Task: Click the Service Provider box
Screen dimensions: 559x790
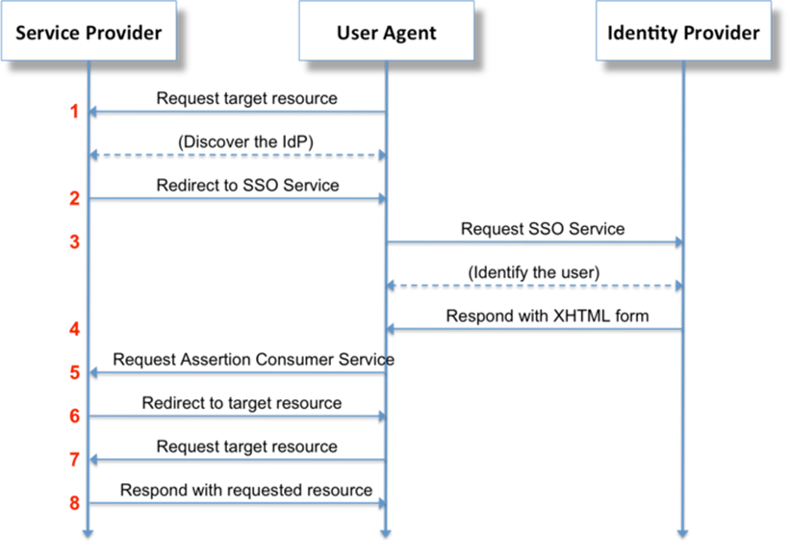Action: pos(89,33)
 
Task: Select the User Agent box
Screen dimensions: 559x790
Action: pos(386,33)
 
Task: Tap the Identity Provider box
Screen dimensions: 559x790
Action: pos(683,33)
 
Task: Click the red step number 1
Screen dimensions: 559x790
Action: pos(74,112)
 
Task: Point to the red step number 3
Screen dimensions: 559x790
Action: pos(74,241)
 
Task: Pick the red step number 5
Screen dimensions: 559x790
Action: pos(74,372)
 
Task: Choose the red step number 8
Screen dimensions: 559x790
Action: pos(74,503)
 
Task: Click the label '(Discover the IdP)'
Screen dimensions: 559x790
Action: pos(246,141)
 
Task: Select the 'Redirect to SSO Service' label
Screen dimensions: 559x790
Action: pos(247,185)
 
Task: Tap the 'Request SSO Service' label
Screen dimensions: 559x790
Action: pos(543,229)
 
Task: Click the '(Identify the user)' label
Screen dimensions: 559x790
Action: pos(533,272)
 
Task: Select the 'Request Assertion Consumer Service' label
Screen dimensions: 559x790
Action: pos(253,359)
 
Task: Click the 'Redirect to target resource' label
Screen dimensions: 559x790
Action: pos(242,403)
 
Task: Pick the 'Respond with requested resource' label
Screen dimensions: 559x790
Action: pos(246,490)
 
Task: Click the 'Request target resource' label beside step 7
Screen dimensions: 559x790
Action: pos(246,446)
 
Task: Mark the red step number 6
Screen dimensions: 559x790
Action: pos(74,416)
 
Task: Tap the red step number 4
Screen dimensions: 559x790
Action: pos(74,329)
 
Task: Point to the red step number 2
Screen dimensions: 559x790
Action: pos(74,198)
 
